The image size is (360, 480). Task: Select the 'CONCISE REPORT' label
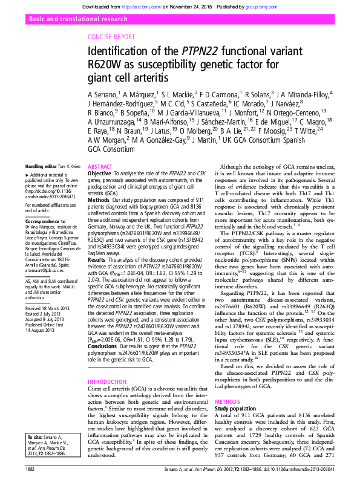click(111, 37)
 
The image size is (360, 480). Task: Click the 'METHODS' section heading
click(228, 401)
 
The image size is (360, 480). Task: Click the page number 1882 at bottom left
click(30, 469)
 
